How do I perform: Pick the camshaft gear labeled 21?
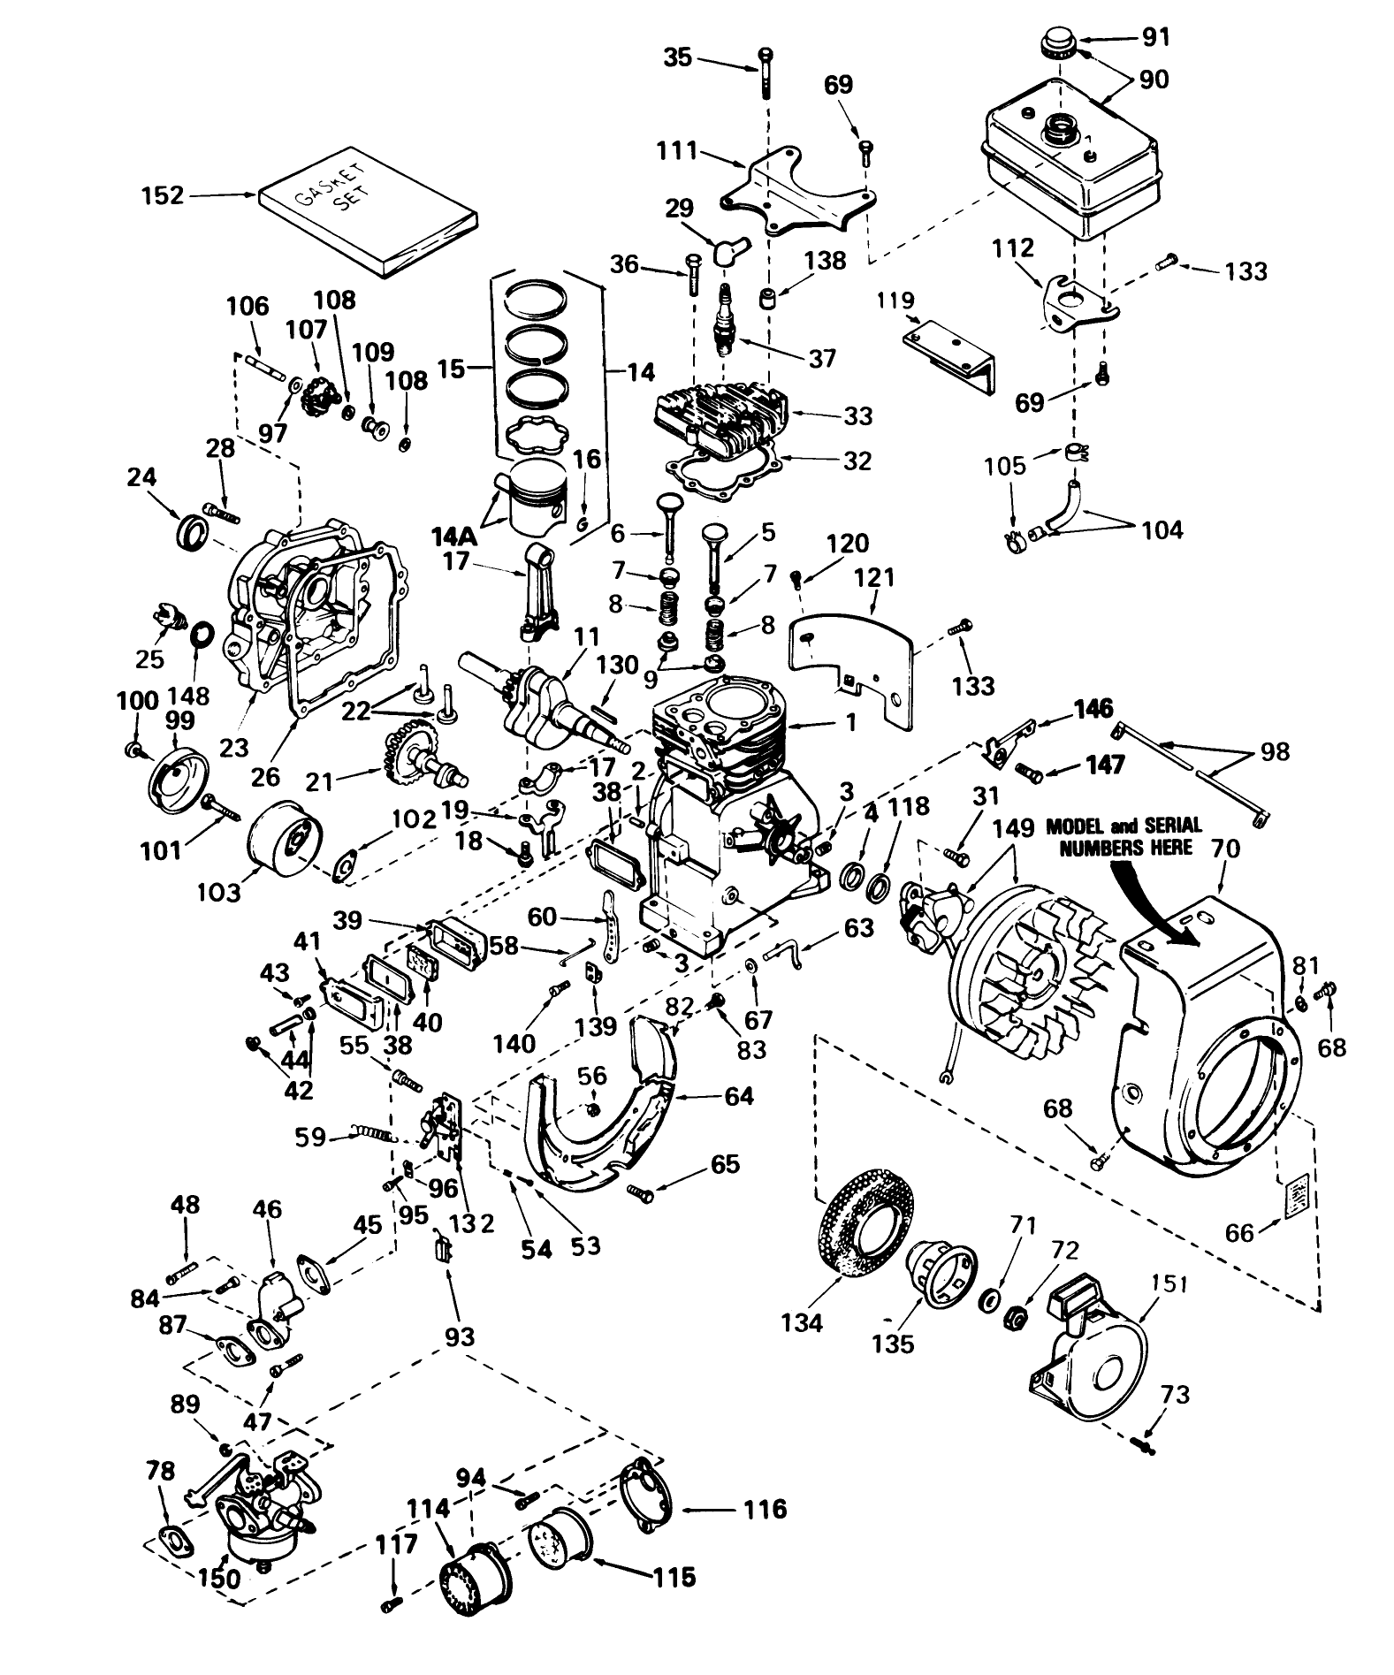411,756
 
